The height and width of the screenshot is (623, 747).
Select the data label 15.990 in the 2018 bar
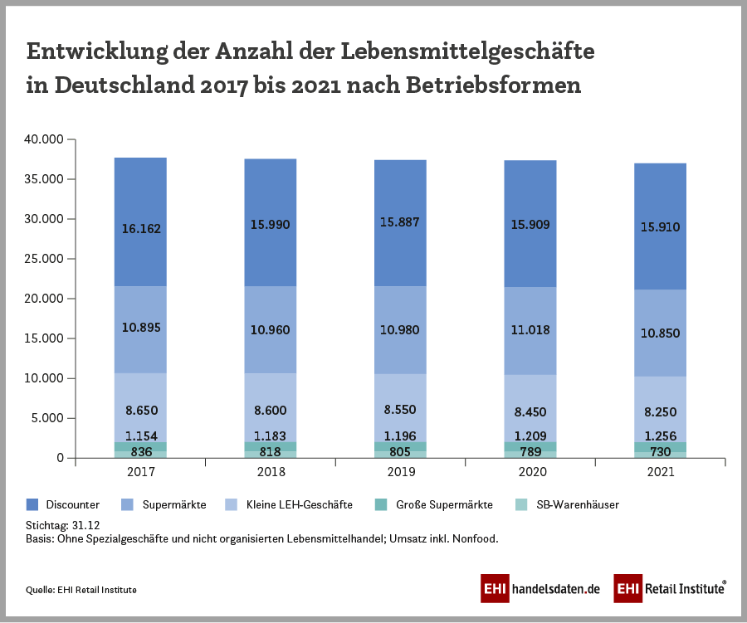(x=271, y=224)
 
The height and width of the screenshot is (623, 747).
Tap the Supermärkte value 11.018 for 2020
(x=530, y=329)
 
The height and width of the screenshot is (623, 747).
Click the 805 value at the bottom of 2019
(x=401, y=452)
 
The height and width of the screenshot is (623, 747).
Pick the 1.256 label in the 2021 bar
(x=661, y=436)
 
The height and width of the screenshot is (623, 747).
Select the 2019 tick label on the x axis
(x=401, y=472)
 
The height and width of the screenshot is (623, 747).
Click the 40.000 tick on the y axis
(x=44, y=139)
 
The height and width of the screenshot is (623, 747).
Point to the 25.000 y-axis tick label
(x=44, y=259)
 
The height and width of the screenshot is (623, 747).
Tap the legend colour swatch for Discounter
(x=32, y=504)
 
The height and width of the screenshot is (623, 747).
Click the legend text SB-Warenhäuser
(x=578, y=504)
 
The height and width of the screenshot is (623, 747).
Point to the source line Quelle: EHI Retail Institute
(x=81, y=589)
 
